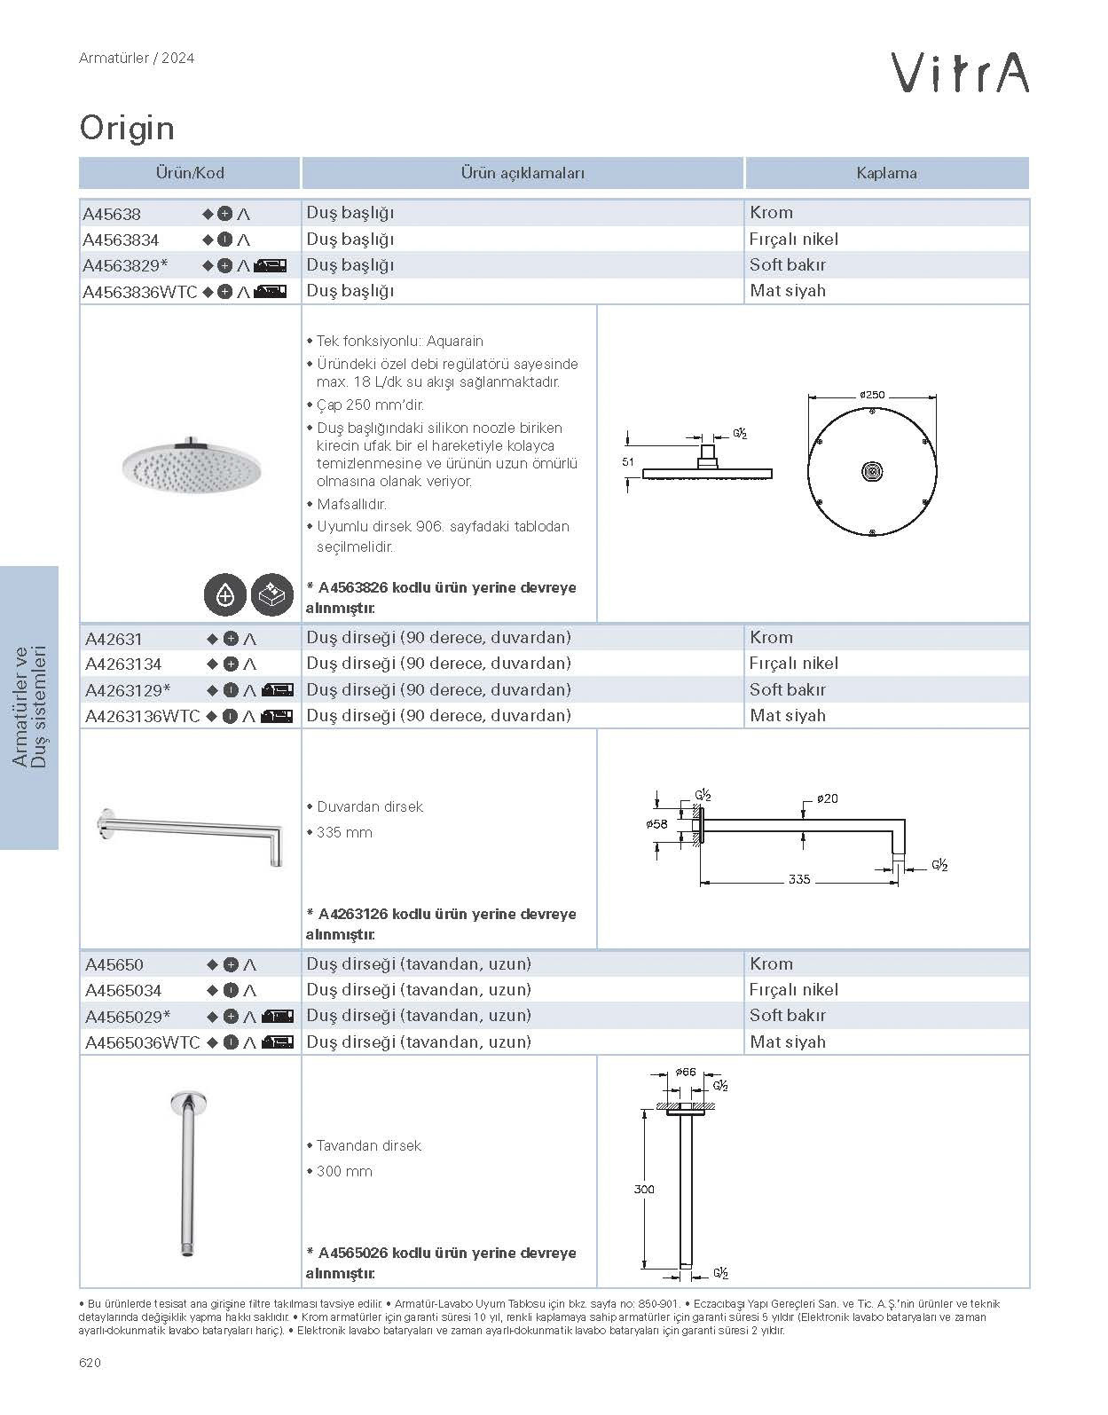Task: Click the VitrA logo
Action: click(x=960, y=73)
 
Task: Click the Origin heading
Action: click(x=127, y=129)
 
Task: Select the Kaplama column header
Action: click(x=886, y=173)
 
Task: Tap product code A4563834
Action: click(x=122, y=240)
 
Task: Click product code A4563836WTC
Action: click(x=139, y=292)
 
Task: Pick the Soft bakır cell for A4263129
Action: click(x=788, y=689)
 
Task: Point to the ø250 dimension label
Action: click(x=872, y=395)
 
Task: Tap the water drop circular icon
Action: click(x=225, y=595)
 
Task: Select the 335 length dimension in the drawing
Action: click(x=798, y=879)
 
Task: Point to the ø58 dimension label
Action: click(x=657, y=824)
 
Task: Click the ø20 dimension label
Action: click(x=827, y=798)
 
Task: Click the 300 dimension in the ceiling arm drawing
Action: click(x=644, y=1189)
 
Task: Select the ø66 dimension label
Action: click(x=685, y=1072)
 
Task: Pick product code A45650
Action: click(x=114, y=964)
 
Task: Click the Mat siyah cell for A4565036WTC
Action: click(x=788, y=1042)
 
